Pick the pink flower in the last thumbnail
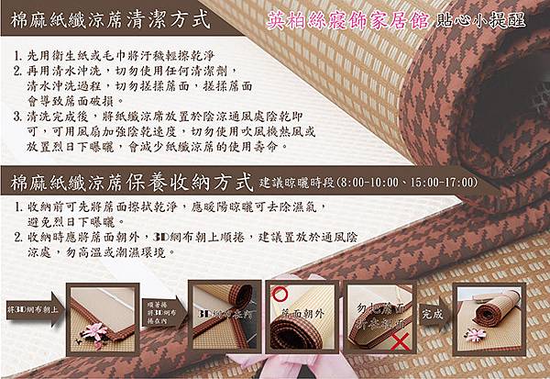tap(475, 334)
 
